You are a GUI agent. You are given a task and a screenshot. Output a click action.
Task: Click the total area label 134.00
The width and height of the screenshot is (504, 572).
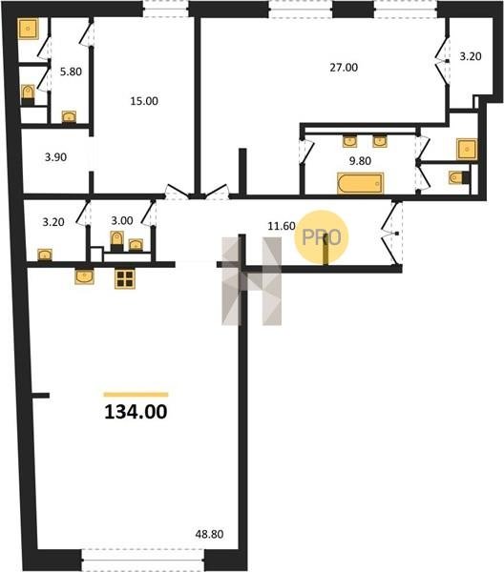[136, 412]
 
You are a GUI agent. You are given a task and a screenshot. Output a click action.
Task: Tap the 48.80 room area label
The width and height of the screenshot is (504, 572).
[209, 535]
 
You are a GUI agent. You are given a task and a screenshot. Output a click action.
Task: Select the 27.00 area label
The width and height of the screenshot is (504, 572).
[344, 68]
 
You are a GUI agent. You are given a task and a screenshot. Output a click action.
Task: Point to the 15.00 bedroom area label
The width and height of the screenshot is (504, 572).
[144, 101]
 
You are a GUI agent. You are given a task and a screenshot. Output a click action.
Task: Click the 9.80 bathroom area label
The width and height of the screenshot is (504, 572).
[360, 161]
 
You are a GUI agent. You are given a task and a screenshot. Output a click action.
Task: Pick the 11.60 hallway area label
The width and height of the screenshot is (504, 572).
[282, 226]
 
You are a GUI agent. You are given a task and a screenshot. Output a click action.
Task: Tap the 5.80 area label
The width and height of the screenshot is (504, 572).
[71, 71]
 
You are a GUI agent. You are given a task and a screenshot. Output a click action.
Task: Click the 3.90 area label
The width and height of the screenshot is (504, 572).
[55, 157]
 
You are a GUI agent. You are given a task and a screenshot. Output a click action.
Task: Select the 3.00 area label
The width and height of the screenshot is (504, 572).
[122, 221]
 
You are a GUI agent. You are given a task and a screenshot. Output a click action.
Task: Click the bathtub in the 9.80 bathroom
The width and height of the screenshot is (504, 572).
[361, 183]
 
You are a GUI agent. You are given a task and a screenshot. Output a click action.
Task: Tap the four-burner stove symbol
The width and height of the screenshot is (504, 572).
[125, 278]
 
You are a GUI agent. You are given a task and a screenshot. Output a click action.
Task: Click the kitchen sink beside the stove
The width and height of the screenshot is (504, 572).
[84, 276]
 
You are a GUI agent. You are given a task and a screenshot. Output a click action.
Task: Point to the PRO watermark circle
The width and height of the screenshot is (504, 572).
[322, 237]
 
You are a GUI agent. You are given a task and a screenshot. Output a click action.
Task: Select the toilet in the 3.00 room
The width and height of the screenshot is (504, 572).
[116, 241]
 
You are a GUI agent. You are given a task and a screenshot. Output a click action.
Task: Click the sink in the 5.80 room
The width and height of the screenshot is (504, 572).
[69, 116]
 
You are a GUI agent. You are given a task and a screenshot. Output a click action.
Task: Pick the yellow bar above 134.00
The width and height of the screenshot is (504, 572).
[136, 395]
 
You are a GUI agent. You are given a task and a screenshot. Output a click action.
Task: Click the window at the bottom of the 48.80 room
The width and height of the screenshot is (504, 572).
[142, 560]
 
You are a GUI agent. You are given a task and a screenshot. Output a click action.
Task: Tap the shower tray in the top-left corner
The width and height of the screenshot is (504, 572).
[28, 29]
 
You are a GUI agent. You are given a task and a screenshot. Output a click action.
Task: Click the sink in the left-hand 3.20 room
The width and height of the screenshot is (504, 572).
[45, 255]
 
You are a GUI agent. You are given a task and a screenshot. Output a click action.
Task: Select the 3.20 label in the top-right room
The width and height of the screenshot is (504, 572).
[471, 56]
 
